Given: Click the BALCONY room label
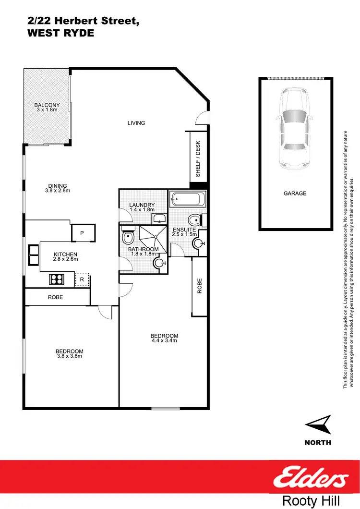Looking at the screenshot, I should (47, 105).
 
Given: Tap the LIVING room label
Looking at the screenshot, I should (136, 123).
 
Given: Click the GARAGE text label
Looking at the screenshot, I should (295, 194).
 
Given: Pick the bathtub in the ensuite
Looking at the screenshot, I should (188, 198).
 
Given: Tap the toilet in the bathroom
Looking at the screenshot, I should (128, 237).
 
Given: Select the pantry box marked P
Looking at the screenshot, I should (82, 233).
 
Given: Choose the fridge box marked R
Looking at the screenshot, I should (82, 279).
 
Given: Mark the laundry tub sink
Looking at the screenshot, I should (159, 219).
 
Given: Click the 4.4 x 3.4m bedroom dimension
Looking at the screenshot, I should (164, 341).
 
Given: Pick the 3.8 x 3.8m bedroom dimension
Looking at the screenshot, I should (69, 356).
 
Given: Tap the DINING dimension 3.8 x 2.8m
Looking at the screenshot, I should (57, 191).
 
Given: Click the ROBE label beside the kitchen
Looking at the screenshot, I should (55, 297).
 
